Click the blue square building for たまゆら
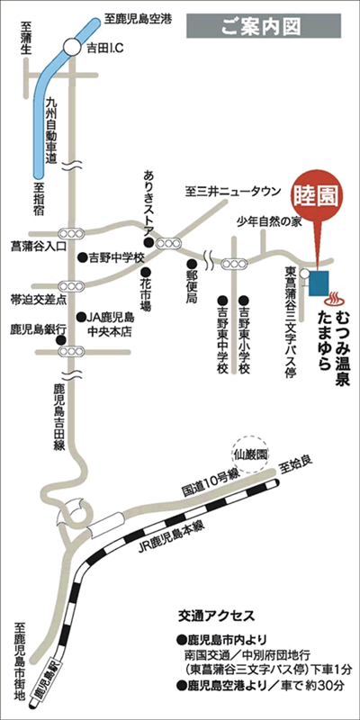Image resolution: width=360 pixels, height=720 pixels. [320, 283]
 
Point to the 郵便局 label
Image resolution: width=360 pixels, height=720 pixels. [191, 284]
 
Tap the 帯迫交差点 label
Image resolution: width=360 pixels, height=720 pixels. [31, 295]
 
